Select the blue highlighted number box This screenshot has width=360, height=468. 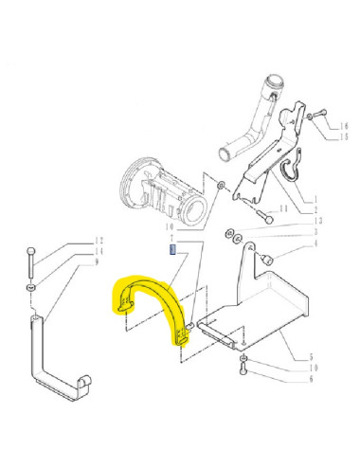click(172, 250)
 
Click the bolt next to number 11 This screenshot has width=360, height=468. click(265, 217)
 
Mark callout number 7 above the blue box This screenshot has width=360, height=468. click(172, 239)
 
